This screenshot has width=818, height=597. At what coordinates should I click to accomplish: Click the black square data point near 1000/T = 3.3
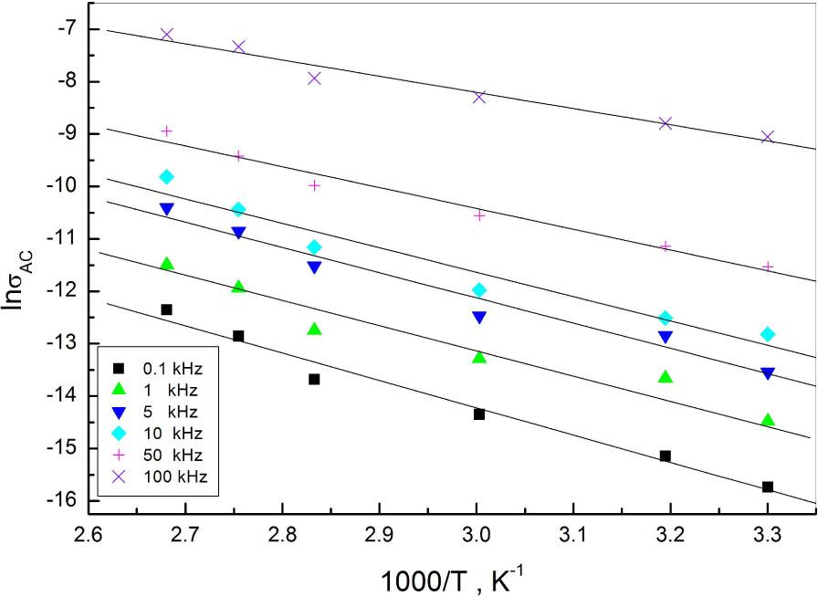coord(768,487)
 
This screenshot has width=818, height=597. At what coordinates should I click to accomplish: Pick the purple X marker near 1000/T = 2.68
coord(166,35)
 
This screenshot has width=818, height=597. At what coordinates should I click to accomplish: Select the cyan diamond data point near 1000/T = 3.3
coord(768,334)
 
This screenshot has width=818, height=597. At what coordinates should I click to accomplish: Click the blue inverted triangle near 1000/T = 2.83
coord(314,267)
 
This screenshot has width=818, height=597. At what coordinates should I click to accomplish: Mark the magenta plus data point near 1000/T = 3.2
coord(666,246)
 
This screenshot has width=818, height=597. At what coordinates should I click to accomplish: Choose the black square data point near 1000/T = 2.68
coord(166,310)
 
